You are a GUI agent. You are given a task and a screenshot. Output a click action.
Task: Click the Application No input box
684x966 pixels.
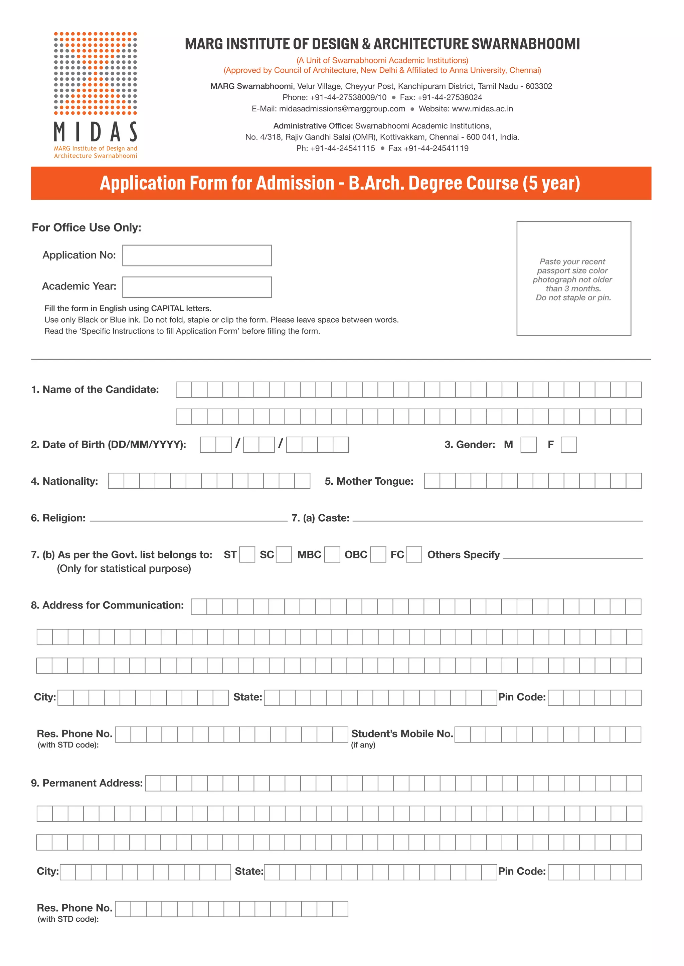pos(197,256)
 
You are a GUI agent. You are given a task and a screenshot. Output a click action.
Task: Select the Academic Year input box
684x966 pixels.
pos(197,287)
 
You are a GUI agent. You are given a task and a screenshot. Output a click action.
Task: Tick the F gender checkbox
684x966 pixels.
pos(568,445)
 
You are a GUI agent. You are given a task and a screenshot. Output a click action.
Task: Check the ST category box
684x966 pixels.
pos(247,554)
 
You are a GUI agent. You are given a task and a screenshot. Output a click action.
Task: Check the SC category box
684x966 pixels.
pos(284,554)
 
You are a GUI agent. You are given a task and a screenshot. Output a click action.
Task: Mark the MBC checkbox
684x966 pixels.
pos(332,554)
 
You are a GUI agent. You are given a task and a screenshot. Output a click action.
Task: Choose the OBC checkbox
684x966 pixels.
pos(378,554)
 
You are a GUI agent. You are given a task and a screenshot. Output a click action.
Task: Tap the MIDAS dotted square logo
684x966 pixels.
pos(96,73)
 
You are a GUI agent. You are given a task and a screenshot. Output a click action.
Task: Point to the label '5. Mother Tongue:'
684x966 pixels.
pos(369,481)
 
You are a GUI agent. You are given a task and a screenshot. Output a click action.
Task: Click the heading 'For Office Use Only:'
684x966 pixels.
pos(87,227)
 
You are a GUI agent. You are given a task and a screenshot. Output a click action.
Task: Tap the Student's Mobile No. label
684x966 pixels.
pos(402,734)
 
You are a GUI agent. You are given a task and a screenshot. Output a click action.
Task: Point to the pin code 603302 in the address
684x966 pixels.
pos(538,86)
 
